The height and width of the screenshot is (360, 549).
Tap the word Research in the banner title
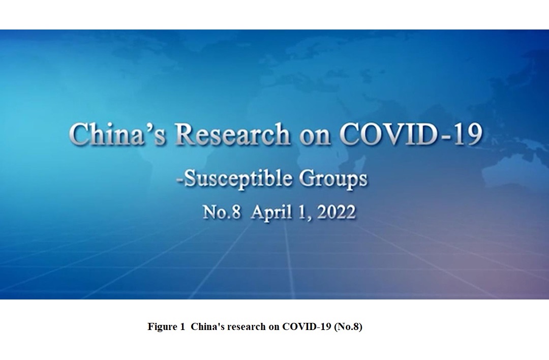[233, 135]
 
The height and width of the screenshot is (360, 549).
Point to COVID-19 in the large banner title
[410, 135]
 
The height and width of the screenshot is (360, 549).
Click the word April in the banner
[273, 212]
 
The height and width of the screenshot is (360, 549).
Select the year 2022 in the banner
[335, 212]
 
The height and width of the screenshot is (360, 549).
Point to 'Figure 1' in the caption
[166, 327]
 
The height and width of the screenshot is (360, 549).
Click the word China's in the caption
[209, 327]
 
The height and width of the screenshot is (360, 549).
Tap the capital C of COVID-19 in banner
[351, 135]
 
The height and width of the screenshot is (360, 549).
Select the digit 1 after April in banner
[305, 212]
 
